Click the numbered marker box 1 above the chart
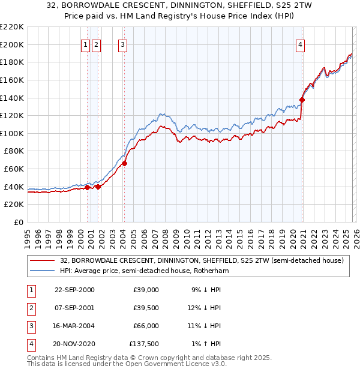click(86, 44)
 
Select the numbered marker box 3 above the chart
click(122, 44)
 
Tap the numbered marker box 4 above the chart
click(300, 44)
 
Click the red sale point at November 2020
click(302, 100)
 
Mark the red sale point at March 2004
click(124, 163)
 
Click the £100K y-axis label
click(12, 133)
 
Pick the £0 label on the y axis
click(19, 223)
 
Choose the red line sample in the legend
click(42, 261)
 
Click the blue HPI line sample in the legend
click(42, 271)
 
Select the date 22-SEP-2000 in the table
click(74, 290)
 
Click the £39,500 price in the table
click(146, 308)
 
